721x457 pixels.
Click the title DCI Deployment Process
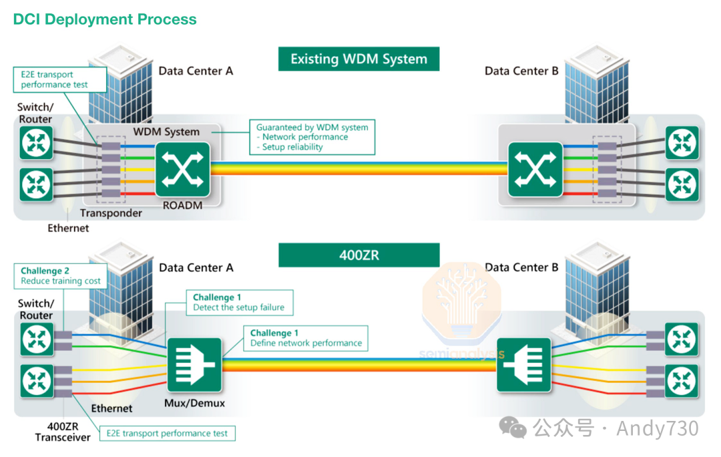(105, 19)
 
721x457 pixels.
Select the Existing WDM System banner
(358, 59)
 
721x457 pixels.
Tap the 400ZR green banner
(359, 255)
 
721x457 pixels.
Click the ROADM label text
(182, 205)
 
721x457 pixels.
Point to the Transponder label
(111, 213)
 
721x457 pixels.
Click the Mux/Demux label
(194, 403)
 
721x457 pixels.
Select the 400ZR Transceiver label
(63, 432)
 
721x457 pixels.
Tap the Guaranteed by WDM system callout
(312, 137)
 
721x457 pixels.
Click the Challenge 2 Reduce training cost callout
(61, 276)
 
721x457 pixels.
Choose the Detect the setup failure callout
(240, 303)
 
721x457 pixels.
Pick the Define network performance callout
(306, 338)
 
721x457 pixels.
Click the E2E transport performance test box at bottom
(167, 433)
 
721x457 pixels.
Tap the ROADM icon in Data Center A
(182, 169)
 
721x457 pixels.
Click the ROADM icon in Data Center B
(535, 169)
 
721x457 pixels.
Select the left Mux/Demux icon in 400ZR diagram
(194, 365)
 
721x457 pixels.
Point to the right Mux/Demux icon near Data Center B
(524, 365)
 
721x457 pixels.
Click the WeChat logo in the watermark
(513, 428)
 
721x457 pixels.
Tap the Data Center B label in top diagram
(521, 71)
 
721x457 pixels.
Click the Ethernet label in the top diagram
(68, 228)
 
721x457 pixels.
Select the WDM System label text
(166, 132)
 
